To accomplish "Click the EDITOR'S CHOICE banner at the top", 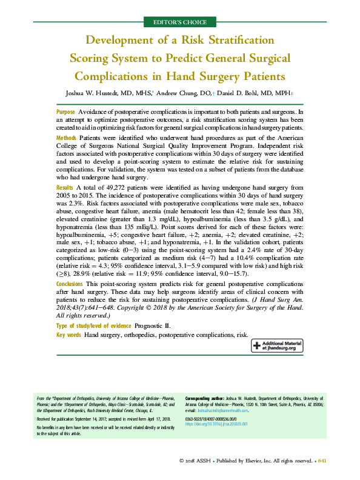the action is (179, 22).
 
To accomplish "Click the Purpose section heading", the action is (65, 113).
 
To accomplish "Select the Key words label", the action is (68, 335).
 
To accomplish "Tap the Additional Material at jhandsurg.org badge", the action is (277, 345).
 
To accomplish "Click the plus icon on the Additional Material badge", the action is (258, 345).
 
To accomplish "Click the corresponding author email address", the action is (231, 410).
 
